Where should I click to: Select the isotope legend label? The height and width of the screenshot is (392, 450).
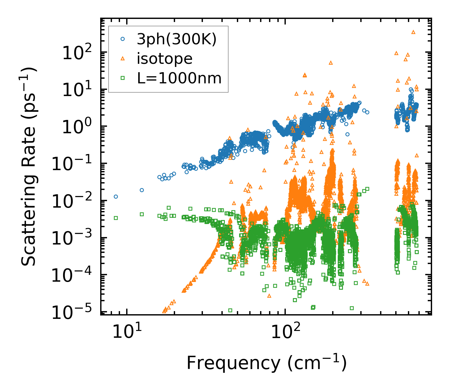(165, 59)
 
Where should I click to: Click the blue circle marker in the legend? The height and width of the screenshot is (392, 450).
(122, 39)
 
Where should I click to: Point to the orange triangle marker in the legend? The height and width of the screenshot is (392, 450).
(122, 59)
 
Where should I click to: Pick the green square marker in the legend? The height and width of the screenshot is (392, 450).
(122, 78)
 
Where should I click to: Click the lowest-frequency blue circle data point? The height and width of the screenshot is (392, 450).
(116, 196)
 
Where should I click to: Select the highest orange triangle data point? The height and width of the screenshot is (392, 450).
(413, 32)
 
